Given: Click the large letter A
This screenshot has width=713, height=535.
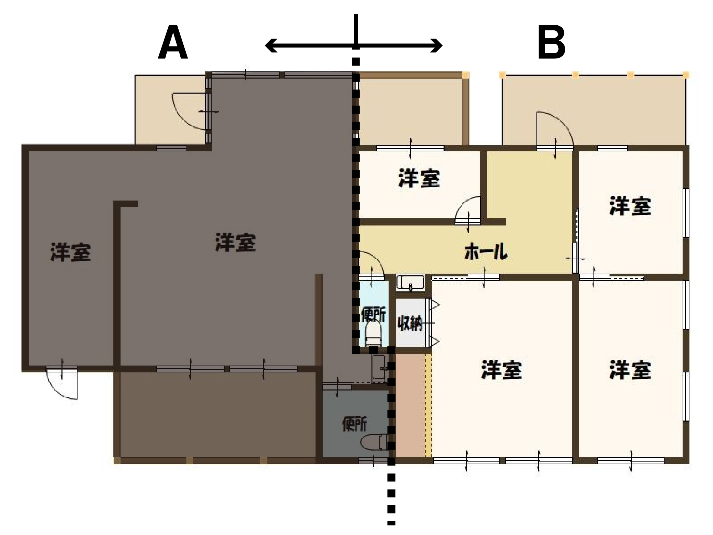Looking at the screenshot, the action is pos(173,42).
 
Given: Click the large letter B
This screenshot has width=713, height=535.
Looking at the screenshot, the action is pos(551,42).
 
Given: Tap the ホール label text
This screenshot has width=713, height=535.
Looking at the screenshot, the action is pos(486,251).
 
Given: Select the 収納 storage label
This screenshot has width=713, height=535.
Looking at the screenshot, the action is pos(410,323).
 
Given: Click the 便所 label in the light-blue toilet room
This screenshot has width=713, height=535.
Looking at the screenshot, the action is pos(373,314).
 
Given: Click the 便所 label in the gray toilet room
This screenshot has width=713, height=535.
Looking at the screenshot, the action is pos(355,424).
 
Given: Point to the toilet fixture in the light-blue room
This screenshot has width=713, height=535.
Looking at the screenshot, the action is pos(373,334).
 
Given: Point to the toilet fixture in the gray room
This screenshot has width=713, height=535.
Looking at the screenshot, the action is pos(374,442).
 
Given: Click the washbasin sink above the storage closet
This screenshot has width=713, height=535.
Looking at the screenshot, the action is pos(410,283).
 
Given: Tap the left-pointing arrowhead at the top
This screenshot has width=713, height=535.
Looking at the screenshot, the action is pos(271,45).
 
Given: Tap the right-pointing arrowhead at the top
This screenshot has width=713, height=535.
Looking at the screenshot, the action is pos(436,45).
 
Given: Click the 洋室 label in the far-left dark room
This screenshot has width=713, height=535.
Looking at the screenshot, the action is pos(71,252).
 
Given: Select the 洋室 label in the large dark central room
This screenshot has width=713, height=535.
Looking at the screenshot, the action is pos(235,242).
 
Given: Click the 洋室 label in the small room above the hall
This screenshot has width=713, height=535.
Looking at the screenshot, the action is pos(419,178).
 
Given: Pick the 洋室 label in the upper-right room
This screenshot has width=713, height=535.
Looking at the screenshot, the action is pos(630,206).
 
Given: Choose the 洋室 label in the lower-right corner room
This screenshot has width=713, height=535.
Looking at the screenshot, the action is pos(630,370).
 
